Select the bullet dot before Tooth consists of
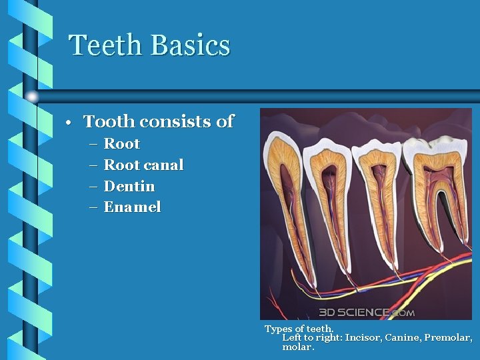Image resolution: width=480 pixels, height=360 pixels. pyautogui.click(x=69, y=123)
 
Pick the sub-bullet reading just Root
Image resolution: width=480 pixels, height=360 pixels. pyautogui.click(x=122, y=143)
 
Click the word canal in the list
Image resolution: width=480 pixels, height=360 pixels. pyautogui.click(x=164, y=165)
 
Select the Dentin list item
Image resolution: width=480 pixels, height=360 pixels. pyautogui.click(x=129, y=186)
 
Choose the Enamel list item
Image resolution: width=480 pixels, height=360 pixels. pyautogui.click(x=133, y=207)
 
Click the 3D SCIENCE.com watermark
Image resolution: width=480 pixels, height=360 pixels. pyautogui.click(x=366, y=312)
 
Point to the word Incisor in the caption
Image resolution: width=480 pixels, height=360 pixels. pyautogui.click(x=363, y=338)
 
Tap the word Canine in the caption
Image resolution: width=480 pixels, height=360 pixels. pyautogui.click(x=401, y=338)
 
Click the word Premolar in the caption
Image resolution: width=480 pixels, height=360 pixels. pyautogui.click(x=447, y=338)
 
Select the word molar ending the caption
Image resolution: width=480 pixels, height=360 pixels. pyautogui.click(x=297, y=347)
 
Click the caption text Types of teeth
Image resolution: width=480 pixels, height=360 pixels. pyautogui.click(x=299, y=329)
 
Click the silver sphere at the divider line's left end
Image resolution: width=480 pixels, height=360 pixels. pyautogui.click(x=31, y=97)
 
